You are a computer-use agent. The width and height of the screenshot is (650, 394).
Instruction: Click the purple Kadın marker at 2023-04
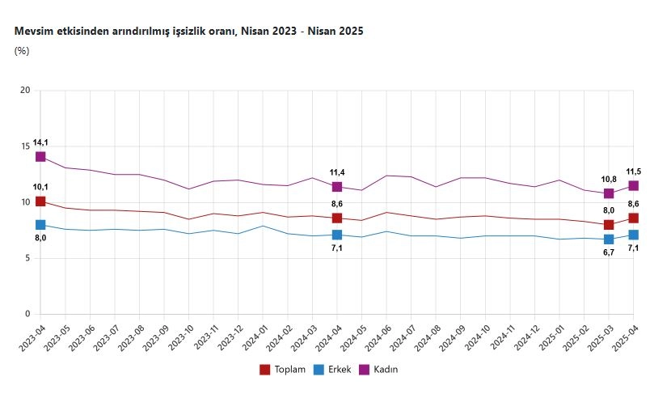[x=40, y=157]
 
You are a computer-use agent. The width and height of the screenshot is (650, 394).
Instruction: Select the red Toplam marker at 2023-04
[x=40, y=201]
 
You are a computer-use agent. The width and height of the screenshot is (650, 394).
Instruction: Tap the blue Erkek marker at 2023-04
[x=40, y=225]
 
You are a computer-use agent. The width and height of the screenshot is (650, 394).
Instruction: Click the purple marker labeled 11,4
[x=337, y=187]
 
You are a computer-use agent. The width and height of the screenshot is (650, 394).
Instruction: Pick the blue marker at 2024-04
[x=337, y=235]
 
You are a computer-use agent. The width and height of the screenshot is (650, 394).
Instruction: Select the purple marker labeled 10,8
[x=609, y=193]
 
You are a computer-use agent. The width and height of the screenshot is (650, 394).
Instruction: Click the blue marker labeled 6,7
[x=609, y=239]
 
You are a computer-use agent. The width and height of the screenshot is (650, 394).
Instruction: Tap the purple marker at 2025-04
[x=634, y=185]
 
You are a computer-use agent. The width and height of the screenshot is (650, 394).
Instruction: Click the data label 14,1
[x=40, y=142]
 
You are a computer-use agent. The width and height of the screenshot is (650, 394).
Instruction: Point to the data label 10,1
[x=40, y=187]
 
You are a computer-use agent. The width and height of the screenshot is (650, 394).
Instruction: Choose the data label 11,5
[x=634, y=172]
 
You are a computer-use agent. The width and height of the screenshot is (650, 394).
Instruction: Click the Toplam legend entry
[x=282, y=370]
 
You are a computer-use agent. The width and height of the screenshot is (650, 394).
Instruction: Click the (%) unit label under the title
[x=22, y=51]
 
